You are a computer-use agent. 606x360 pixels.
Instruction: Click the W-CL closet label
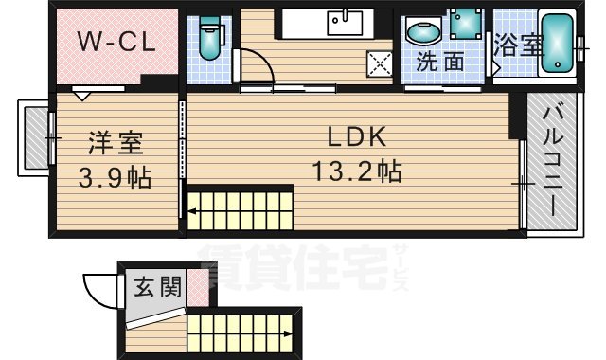tap(116, 42)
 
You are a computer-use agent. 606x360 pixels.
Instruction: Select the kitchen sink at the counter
tap(344, 19)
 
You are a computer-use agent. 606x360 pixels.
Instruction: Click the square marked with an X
tap(381, 64)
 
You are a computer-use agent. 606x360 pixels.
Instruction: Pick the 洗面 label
tap(441, 63)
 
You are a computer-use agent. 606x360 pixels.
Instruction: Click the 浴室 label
tap(517, 45)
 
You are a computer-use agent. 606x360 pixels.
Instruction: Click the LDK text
tap(356, 136)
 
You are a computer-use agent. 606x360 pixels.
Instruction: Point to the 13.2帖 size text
tap(356, 171)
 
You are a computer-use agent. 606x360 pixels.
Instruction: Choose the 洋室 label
tap(116, 144)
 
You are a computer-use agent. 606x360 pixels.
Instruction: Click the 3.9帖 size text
tap(116, 177)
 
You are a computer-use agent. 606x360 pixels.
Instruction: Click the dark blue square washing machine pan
tap(465, 23)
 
